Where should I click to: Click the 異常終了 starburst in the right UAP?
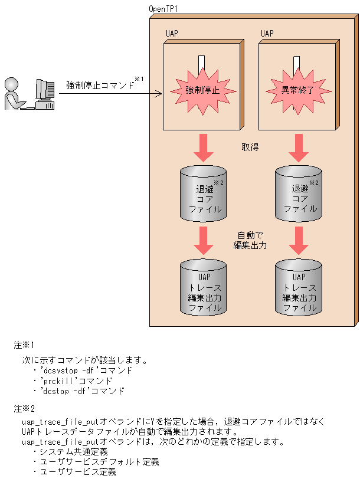(x=297, y=90)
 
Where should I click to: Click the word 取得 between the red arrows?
(x=250, y=146)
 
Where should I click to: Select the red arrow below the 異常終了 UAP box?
(x=300, y=147)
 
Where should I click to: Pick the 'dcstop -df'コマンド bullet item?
(x=82, y=391)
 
